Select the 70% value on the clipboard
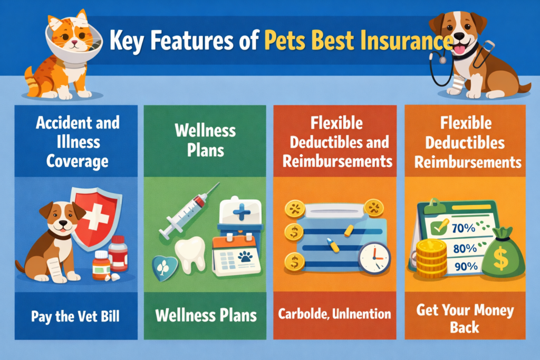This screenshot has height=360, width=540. (464, 229)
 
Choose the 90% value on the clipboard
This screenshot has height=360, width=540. (464, 267)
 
